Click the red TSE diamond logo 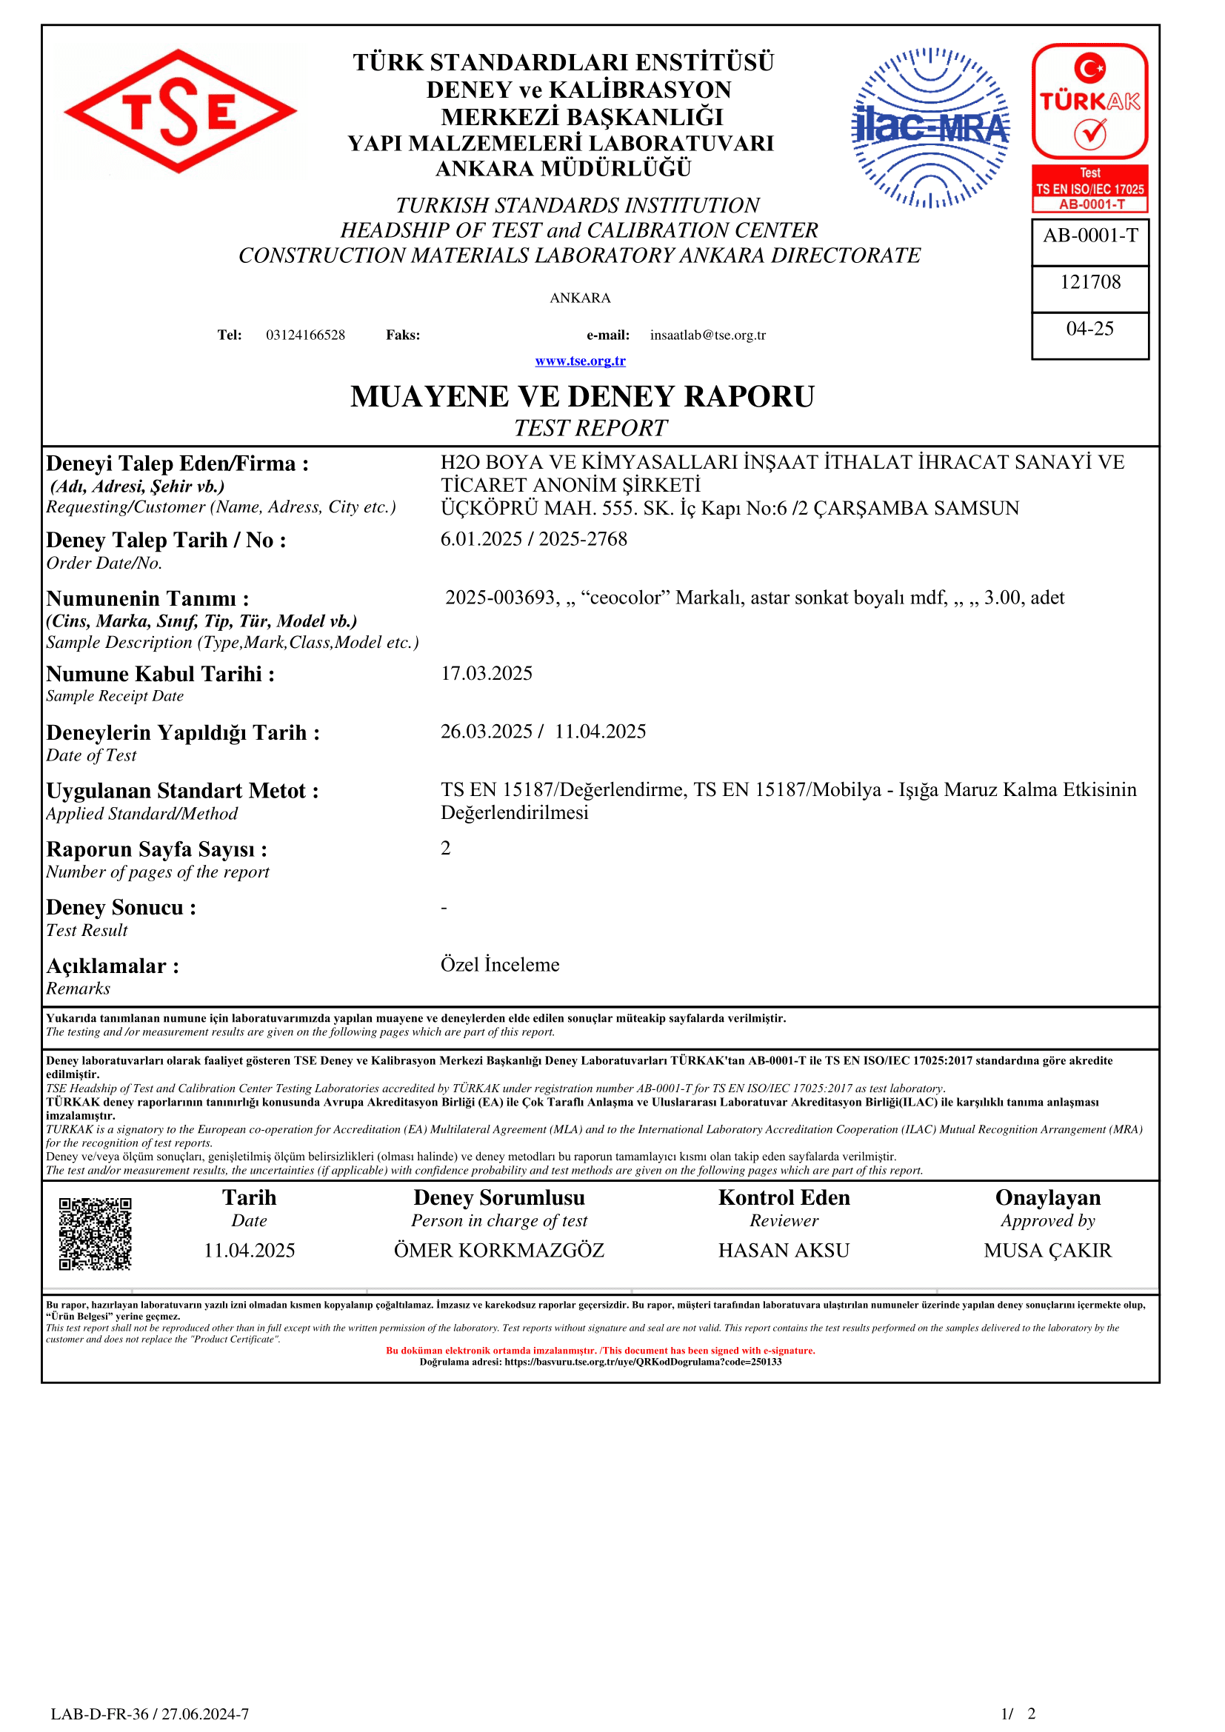coord(180,112)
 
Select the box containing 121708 coord(1090,282)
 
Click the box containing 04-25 coord(1090,329)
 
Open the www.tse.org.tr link coord(580,361)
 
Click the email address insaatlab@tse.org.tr coord(707,335)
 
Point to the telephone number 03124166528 coord(305,335)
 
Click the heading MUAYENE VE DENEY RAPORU coord(582,397)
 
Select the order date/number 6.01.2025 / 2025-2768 coord(534,539)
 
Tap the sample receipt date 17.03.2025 coord(487,673)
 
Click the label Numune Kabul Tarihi coord(160,674)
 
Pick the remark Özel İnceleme coord(500,965)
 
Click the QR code coord(95,1234)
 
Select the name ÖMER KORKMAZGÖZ coord(498,1251)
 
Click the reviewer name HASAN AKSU coord(784,1251)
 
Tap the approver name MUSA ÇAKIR coord(1048,1251)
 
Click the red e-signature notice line coord(601,1351)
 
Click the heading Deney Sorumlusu coord(498,1198)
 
